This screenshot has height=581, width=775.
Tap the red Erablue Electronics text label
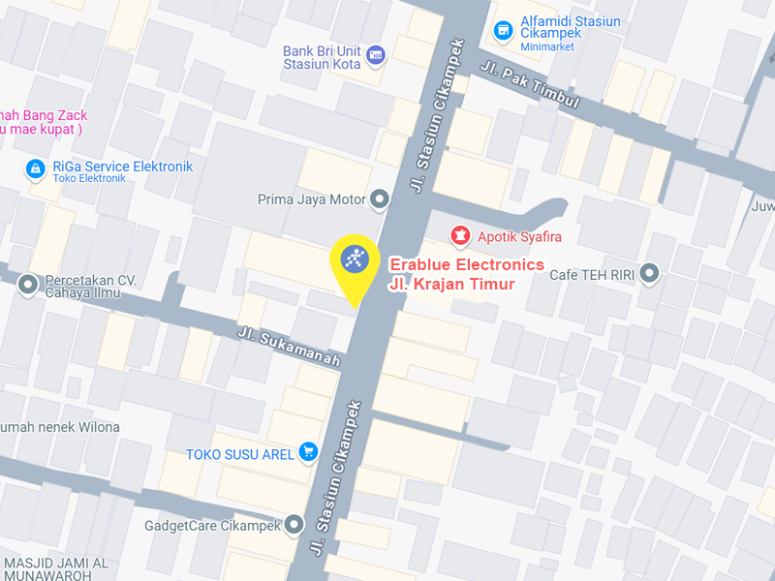point(466,264)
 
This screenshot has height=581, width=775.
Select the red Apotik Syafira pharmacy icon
point(459,235)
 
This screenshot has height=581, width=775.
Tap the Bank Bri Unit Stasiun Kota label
point(322,58)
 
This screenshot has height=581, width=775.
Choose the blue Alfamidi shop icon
point(503,31)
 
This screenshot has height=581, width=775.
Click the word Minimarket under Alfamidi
point(547,46)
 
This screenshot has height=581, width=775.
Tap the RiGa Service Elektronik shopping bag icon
point(36,168)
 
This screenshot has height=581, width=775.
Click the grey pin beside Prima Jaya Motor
point(380,200)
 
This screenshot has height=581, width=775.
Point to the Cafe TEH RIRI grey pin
point(648,274)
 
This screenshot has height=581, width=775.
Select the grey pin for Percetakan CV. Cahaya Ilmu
point(28,286)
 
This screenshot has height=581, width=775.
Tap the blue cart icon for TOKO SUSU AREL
point(308,451)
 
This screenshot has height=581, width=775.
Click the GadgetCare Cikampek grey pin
point(294,526)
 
